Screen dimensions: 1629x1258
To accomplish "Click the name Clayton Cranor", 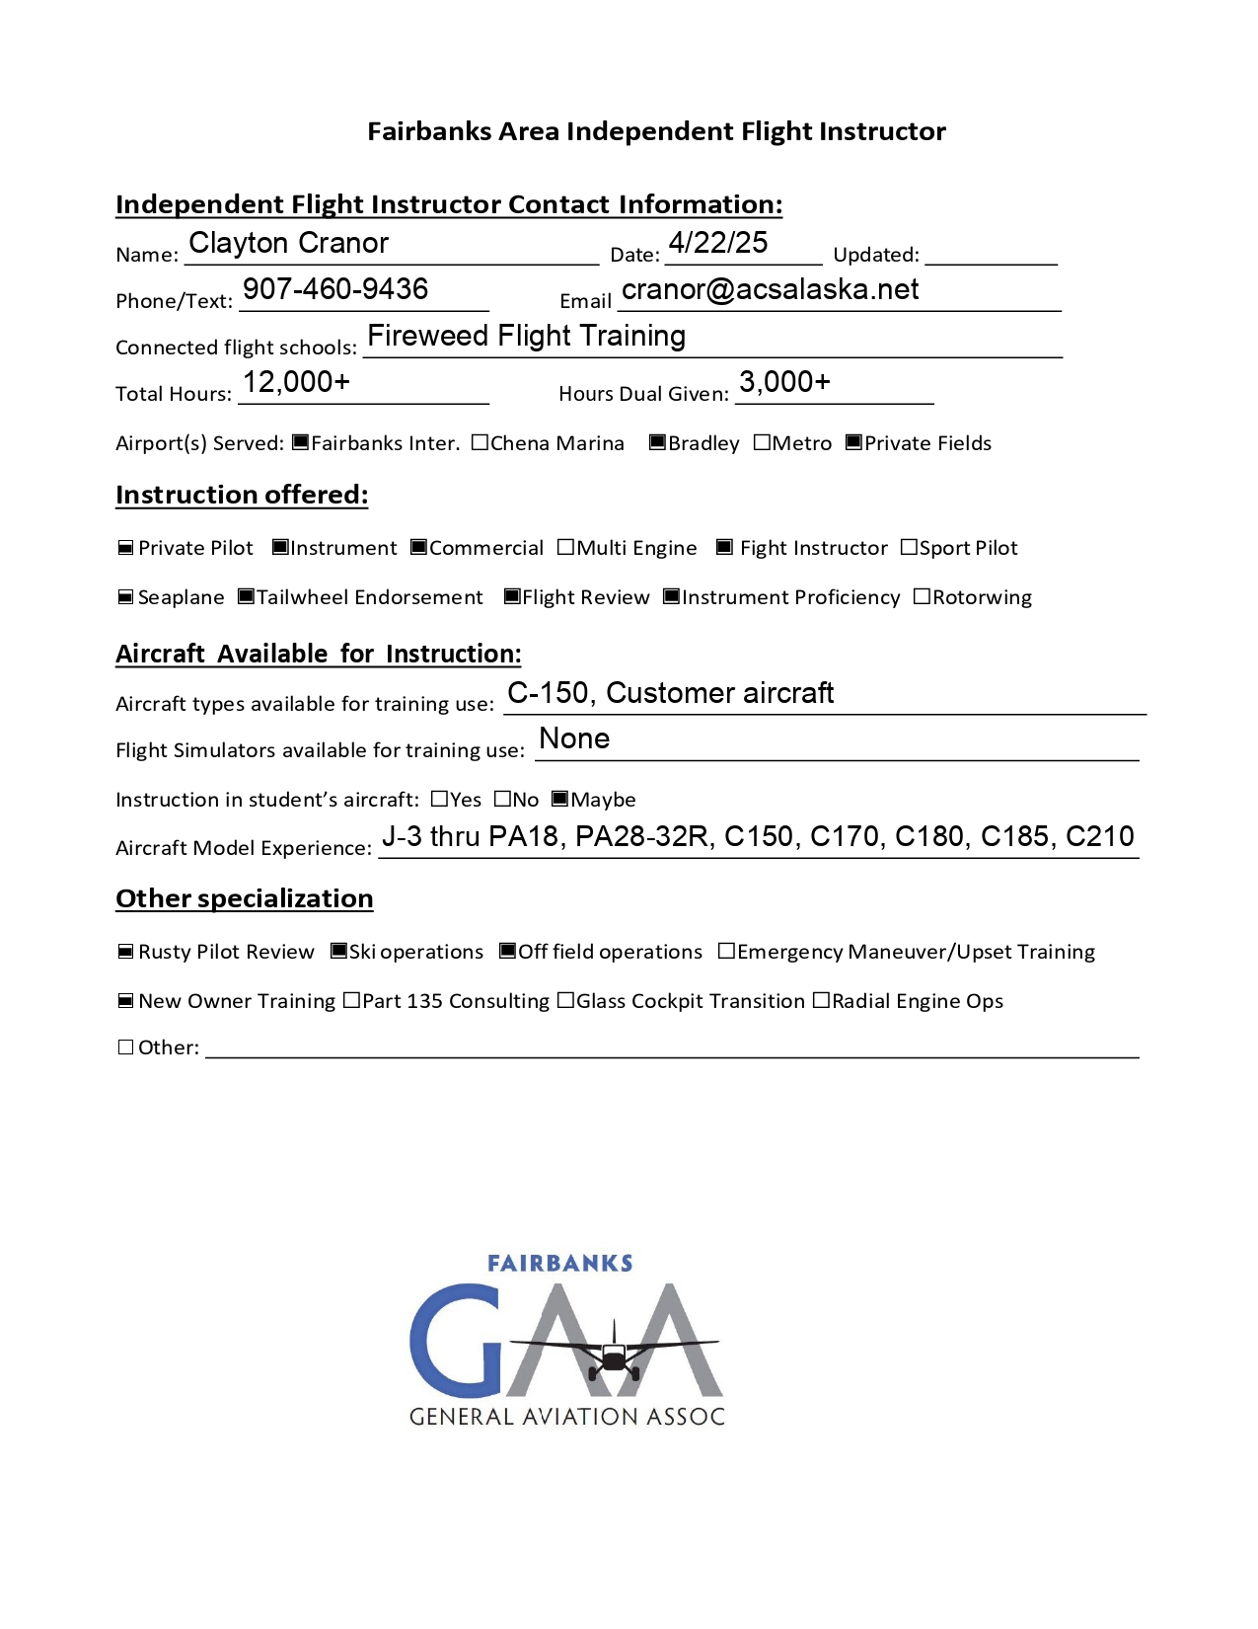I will tap(288, 243).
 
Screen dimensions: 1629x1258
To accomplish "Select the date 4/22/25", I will tap(717, 243).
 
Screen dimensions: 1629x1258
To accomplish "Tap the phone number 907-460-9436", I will tap(335, 289).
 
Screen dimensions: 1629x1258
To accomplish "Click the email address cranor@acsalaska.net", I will tap(770, 289).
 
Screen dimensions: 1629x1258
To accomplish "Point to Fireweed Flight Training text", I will tap(526, 336).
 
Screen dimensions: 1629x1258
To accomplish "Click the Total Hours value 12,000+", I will tap(296, 382).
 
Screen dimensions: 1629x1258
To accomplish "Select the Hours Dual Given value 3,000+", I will tap(784, 382).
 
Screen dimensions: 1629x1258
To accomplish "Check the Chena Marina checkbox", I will tap(480, 442).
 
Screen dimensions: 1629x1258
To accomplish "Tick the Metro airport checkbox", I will tap(762, 442).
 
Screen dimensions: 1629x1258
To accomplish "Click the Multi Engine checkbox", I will tap(565, 547).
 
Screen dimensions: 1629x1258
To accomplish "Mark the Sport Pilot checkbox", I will tap(909, 547).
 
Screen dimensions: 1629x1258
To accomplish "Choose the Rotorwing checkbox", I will tap(922, 596).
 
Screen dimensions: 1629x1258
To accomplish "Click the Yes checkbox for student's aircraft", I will tap(439, 799).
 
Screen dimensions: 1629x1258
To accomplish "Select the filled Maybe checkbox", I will tap(559, 799).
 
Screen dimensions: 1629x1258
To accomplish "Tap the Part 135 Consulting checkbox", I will tap(351, 1000).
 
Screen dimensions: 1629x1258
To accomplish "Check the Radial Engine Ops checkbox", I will tap(821, 1000).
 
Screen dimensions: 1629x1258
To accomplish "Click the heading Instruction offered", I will tap(242, 495).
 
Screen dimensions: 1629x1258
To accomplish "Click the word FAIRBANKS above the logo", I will tap(559, 1264).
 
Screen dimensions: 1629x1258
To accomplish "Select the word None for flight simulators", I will tap(574, 738).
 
